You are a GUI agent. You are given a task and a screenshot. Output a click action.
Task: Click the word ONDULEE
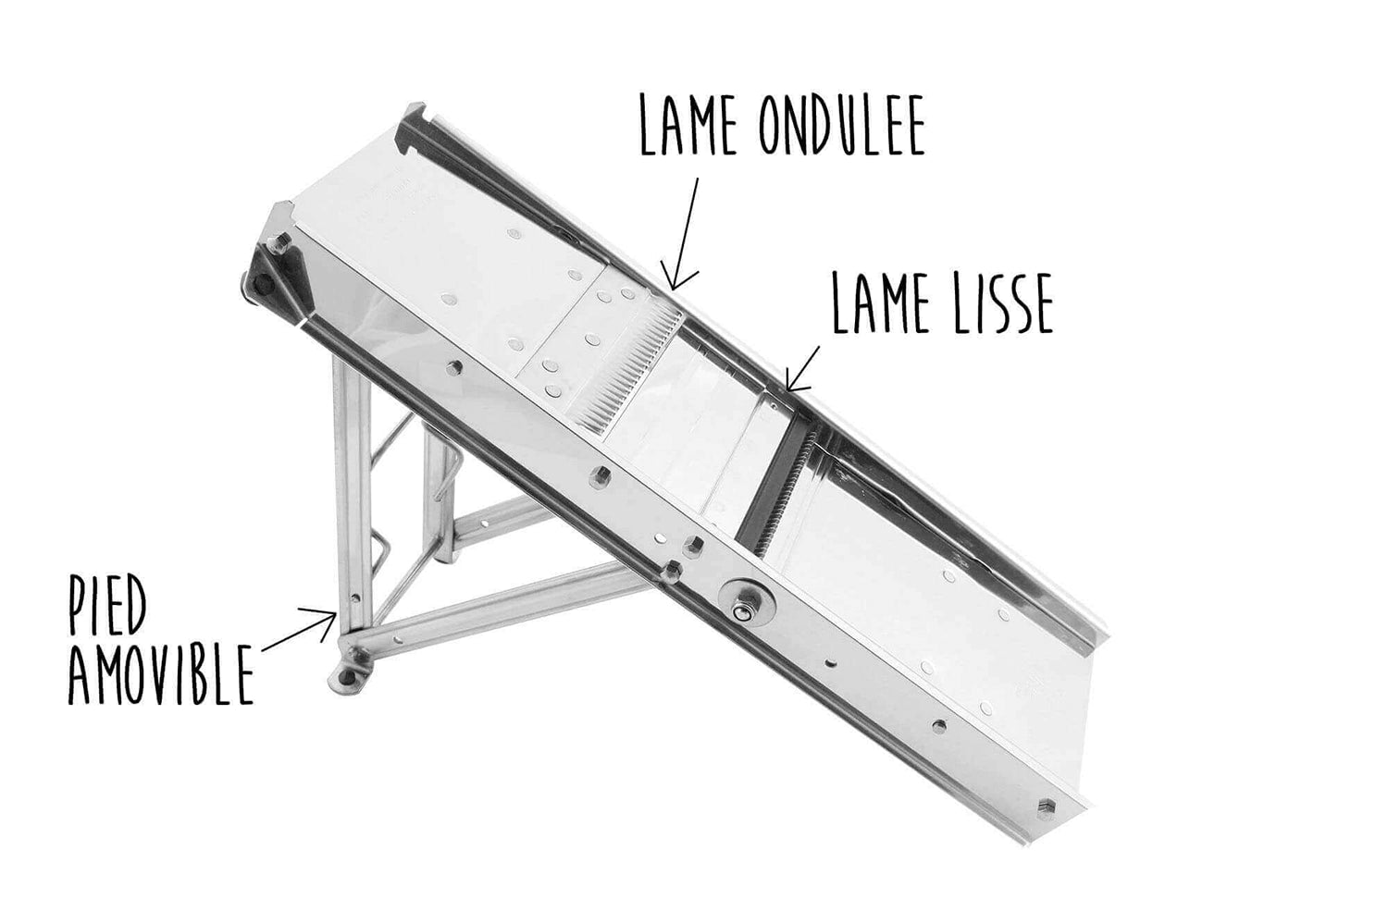click(x=842, y=125)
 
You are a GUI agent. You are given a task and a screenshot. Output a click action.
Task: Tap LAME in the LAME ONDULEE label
click(x=688, y=125)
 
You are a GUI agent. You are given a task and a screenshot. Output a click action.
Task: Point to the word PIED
click(x=107, y=608)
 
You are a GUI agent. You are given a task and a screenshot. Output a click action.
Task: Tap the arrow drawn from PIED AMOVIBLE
click(x=300, y=627)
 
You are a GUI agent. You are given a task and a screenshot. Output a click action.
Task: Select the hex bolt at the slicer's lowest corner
click(x=1046, y=808)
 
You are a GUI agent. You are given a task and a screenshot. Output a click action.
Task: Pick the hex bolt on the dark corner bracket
click(x=283, y=240)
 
